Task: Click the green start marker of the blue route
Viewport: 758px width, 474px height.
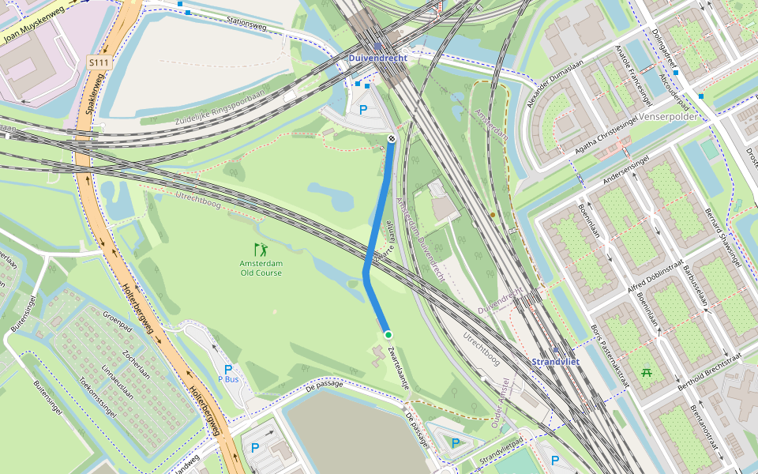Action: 388,336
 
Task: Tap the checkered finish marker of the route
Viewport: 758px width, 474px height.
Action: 392,139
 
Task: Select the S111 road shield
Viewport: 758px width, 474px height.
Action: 98,62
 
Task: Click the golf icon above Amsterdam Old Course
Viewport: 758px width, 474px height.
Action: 261,250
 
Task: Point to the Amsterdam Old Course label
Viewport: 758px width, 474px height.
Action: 261,268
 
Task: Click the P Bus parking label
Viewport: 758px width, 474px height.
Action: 227,374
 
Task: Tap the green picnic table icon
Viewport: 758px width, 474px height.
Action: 646,371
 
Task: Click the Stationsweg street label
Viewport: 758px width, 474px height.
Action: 246,23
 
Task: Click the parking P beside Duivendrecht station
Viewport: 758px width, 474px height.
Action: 363,110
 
